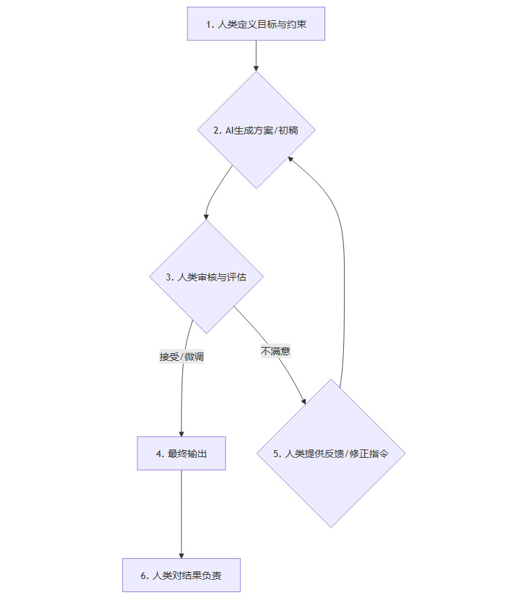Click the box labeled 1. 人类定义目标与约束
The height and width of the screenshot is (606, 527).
tap(256, 24)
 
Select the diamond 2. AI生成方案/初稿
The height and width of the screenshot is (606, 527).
tap(256, 130)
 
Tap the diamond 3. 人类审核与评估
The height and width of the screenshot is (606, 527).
tap(207, 277)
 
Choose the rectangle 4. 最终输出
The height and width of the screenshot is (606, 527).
tap(182, 454)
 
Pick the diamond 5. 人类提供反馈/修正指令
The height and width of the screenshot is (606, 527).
tap(331, 454)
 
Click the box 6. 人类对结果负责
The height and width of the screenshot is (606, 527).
tap(182, 576)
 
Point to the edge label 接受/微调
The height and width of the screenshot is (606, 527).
tap(182, 357)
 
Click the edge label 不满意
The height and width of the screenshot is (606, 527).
tap(275, 351)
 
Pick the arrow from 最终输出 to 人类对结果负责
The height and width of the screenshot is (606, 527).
tap(182, 513)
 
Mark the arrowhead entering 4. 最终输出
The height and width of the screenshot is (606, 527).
tap(182, 433)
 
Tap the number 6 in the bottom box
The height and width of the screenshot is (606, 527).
tap(143, 576)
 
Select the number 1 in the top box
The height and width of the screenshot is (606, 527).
tap(208, 24)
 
